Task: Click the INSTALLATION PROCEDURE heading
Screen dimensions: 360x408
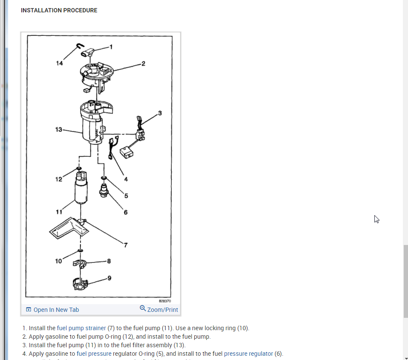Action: [59, 10]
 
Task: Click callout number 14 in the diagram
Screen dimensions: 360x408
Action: [59, 63]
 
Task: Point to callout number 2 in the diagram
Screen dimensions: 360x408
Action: [143, 63]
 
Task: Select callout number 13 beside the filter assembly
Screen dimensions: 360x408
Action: [59, 129]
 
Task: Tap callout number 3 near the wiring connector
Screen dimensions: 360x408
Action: [160, 113]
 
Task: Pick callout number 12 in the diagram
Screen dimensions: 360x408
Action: [59, 179]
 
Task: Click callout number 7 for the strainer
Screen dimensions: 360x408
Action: [126, 245]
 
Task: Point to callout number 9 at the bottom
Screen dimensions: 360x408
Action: [109, 278]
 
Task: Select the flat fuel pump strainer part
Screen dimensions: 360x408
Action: [68, 228]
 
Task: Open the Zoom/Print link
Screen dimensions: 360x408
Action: [162, 310]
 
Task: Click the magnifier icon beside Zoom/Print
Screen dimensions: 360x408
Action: [143, 308]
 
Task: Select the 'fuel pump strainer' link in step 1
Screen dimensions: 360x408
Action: [81, 328]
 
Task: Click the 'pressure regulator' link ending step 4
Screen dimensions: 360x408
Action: [248, 354]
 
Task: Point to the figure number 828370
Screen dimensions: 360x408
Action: [165, 300]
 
